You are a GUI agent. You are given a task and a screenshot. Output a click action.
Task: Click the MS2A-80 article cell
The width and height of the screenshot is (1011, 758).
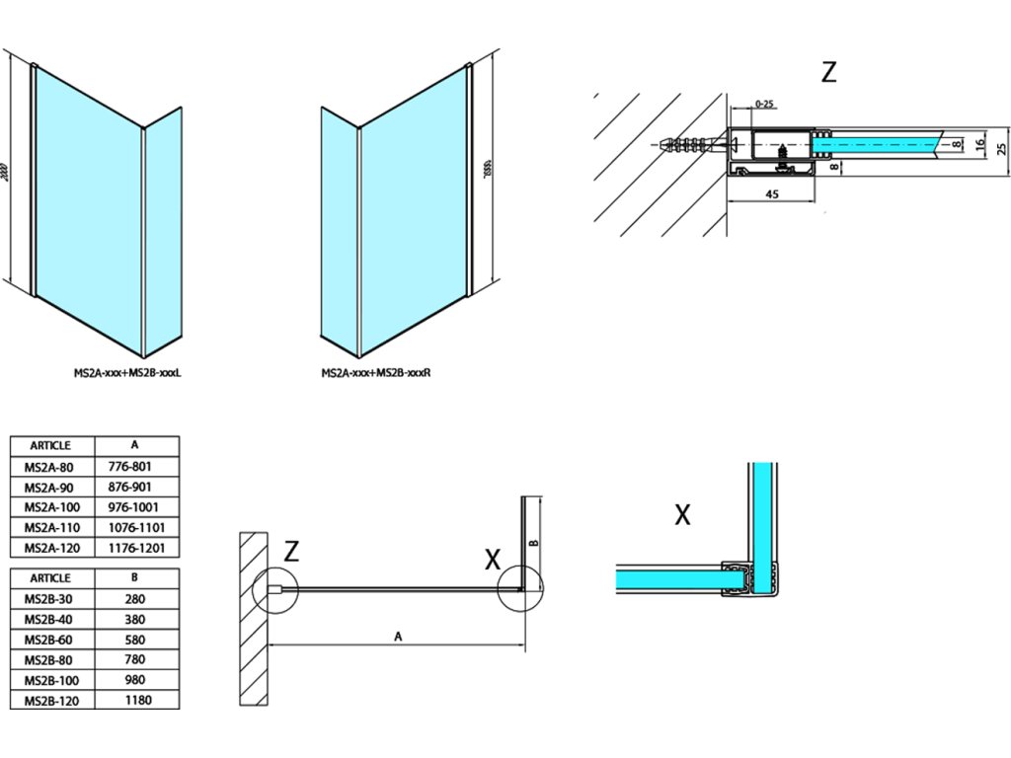click(52, 467)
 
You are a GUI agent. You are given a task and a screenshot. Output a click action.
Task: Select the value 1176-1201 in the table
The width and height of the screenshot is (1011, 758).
click(137, 548)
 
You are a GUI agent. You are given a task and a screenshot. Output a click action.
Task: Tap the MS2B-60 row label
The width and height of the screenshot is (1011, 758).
click(52, 639)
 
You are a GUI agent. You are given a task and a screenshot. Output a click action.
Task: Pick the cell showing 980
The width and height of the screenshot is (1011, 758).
click(137, 680)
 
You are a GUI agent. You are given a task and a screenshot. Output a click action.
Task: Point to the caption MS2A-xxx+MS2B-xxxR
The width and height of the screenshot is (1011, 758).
click(380, 374)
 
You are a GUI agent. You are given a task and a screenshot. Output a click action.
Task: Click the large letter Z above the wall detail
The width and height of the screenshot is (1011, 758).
click(828, 72)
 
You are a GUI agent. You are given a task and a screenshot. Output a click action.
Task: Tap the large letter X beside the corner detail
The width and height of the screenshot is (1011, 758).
click(681, 514)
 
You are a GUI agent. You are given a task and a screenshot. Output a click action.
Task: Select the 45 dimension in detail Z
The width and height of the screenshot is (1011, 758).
click(773, 194)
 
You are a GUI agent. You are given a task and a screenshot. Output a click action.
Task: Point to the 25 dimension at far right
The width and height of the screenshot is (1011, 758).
click(1000, 149)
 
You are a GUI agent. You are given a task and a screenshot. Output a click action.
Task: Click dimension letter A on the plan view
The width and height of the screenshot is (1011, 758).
click(398, 637)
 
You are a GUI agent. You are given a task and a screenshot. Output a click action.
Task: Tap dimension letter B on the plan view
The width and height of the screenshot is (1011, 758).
click(532, 542)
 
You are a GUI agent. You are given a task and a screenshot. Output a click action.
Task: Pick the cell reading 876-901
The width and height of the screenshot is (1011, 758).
click(137, 487)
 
